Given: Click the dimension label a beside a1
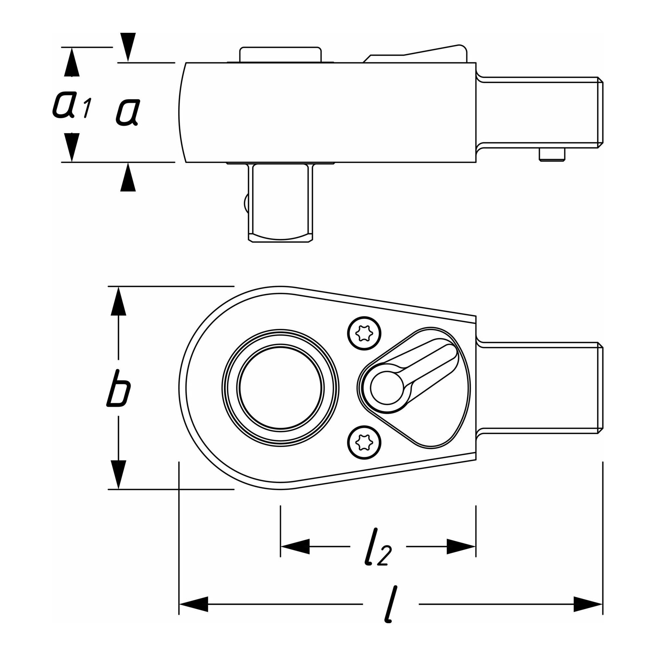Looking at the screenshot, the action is point(127,112).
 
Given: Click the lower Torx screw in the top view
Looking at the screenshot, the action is point(364,442).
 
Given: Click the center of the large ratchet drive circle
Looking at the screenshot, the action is point(280,388).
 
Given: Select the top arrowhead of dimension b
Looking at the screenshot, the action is point(118,301).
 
